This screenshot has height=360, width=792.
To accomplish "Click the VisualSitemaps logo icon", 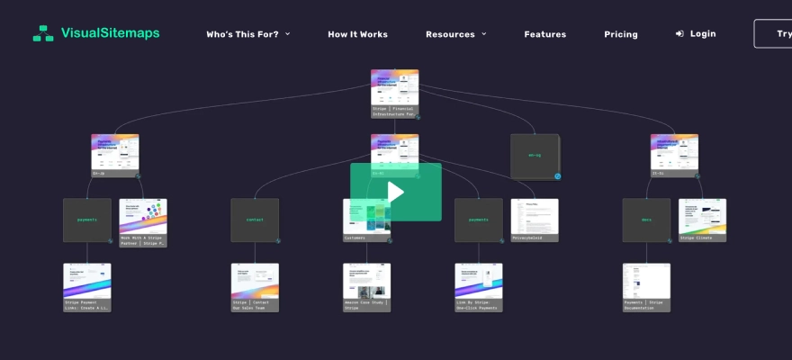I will [x=43, y=33].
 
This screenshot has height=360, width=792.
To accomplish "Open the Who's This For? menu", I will [x=247, y=34].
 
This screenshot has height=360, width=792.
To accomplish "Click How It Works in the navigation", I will [x=357, y=34].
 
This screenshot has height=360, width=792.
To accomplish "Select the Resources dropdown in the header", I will [x=455, y=34].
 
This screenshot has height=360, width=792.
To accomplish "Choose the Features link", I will [x=544, y=34].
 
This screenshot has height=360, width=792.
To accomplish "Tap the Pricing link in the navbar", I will [x=620, y=34].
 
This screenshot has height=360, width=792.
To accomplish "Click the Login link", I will [x=696, y=33].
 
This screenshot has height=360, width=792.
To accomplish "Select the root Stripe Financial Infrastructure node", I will [x=394, y=93].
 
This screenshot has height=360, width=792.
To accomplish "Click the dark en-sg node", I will [x=535, y=156].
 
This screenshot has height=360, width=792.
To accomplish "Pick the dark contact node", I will [x=255, y=220].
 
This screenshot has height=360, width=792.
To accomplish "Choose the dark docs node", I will [x=646, y=220].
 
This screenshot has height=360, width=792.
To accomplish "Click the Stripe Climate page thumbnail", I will [x=702, y=220].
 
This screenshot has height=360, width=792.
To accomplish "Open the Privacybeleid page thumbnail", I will [x=535, y=220].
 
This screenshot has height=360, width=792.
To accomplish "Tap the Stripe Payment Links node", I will [x=87, y=286].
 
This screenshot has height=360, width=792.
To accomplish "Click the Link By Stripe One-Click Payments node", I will [x=479, y=286].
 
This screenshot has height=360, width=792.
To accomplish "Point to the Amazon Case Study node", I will [x=367, y=286].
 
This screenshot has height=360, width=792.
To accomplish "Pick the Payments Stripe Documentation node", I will [x=646, y=286].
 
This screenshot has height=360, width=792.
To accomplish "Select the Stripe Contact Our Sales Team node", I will [x=255, y=286].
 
